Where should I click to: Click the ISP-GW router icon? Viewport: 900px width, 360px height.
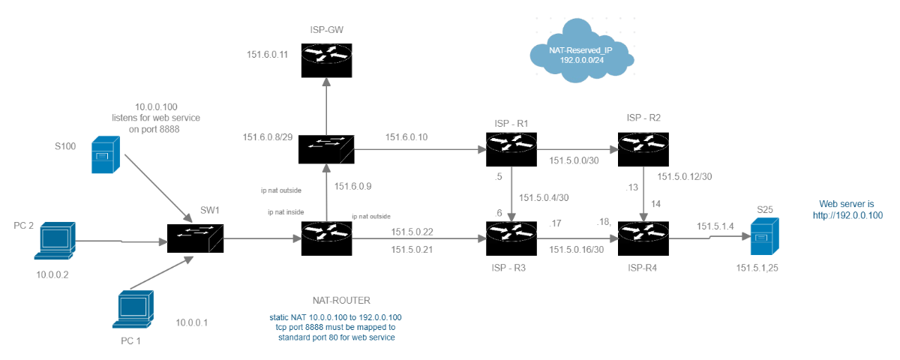point(325,59)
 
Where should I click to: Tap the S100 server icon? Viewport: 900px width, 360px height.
point(104,155)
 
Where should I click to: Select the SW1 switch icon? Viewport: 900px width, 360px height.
point(193,239)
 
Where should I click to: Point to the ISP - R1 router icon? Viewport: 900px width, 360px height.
point(511,148)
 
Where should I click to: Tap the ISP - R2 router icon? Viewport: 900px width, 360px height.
point(643,148)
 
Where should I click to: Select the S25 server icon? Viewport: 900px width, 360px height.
point(765,237)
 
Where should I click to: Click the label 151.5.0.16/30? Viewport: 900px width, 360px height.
point(577,249)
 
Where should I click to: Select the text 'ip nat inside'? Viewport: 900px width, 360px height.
point(286,212)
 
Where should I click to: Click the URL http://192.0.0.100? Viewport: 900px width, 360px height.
point(847,215)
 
